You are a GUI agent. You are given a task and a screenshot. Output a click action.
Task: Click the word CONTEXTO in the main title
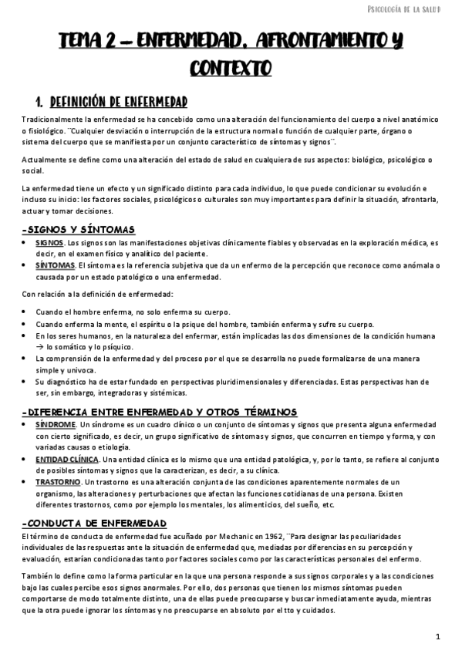pyautogui.click(x=231, y=69)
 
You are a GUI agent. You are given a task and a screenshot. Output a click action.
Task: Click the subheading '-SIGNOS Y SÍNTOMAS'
pyautogui.click(x=79, y=229)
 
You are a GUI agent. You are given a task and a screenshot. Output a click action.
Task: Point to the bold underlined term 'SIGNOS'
pyautogui.click(x=49, y=242)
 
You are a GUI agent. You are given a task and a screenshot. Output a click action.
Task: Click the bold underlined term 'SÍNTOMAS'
pyautogui.click(x=52, y=265)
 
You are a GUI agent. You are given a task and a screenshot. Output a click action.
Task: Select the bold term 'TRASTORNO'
pyautogui.click(x=58, y=482)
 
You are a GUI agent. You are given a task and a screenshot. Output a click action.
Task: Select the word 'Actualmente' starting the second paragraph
pyautogui.click(x=44, y=160)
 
